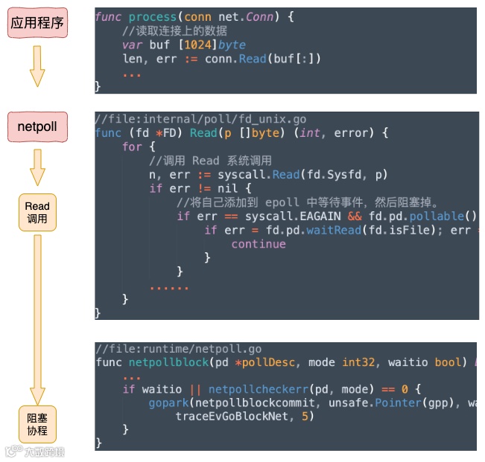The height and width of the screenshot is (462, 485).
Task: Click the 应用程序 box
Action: (37, 24)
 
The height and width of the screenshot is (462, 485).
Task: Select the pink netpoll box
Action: (37, 126)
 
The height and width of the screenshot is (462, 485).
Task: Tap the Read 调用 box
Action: (37, 212)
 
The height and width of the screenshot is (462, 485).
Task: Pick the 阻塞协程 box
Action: (37, 425)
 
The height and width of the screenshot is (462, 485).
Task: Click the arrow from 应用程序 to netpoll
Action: (37, 67)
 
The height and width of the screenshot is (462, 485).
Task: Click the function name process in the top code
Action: (153, 16)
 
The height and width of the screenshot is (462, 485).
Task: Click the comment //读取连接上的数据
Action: (175, 31)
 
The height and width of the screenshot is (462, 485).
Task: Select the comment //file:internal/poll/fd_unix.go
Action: (200, 119)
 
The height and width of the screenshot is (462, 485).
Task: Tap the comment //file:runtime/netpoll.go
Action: (178, 349)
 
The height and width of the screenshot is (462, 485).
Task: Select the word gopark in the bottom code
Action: (169, 402)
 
